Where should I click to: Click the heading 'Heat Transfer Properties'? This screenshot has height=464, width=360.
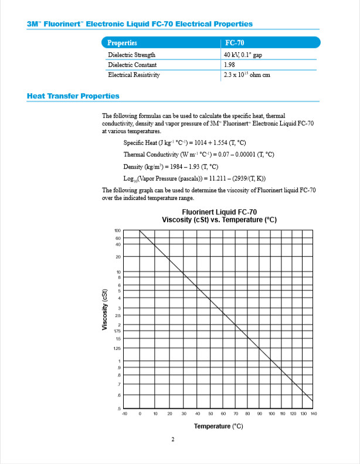click(73, 96)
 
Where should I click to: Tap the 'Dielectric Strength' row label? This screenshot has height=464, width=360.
click(132, 54)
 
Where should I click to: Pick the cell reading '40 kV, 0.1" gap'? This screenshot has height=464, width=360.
click(246, 54)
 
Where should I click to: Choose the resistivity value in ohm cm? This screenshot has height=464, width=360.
click(247, 75)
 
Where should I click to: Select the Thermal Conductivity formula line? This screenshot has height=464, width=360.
click(199, 154)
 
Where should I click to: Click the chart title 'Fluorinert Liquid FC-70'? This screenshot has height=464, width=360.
click(219, 212)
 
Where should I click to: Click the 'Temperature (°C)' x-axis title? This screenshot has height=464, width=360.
click(219, 426)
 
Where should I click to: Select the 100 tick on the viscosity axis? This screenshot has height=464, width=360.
click(118, 231)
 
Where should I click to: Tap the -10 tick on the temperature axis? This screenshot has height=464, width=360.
click(125, 414)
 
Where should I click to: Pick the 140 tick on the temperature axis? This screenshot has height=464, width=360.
click(314, 414)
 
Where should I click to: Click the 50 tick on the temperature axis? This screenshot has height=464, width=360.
click(212, 414)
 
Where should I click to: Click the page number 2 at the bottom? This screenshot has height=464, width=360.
click(173, 441)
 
